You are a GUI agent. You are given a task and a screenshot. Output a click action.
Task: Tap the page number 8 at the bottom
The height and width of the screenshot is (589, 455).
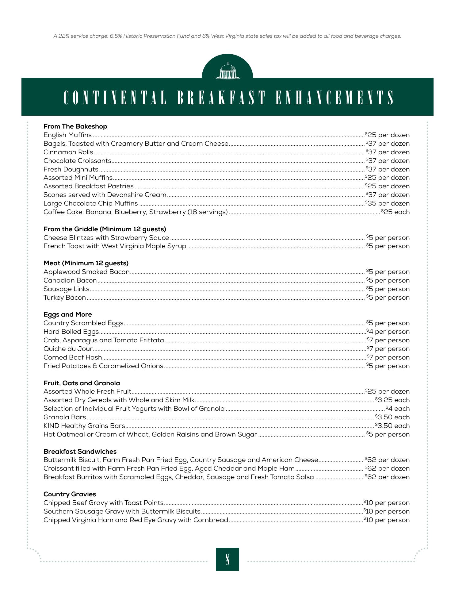point(227,559)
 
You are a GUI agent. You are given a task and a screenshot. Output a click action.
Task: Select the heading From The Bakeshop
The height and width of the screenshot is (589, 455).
point(75,126)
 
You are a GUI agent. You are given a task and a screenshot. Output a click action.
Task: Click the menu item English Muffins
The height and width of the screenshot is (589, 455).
point(67,135)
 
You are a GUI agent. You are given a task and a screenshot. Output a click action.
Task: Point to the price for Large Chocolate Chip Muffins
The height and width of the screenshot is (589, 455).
point(387,203)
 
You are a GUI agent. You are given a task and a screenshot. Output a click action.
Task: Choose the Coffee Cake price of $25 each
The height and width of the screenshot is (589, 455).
point(395,212)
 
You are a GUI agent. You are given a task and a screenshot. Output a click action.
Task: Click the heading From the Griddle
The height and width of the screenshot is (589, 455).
point(105,229)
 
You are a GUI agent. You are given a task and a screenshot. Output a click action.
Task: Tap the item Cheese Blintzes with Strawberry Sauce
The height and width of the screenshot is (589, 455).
point(106,238)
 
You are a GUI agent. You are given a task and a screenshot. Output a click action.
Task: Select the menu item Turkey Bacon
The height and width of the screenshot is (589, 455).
point(65,298)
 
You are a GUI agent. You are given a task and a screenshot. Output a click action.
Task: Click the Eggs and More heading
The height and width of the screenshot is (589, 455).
point(67,314)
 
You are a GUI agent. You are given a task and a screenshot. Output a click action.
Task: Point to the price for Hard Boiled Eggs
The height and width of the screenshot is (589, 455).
point(388,332)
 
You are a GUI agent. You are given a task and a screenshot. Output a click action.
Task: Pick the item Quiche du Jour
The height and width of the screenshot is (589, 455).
point(68,349)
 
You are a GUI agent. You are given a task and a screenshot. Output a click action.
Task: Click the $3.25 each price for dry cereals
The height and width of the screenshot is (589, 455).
point(392,400)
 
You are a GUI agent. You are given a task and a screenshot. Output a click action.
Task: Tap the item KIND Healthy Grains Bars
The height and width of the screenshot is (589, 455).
point(84,426)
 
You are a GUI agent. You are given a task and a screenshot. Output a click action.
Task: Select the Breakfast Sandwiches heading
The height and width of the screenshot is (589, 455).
point(80,452)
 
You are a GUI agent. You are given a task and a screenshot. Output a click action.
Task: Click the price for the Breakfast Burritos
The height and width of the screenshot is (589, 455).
point(387,477)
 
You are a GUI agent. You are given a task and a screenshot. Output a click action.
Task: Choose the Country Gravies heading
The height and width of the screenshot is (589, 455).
point(70,494)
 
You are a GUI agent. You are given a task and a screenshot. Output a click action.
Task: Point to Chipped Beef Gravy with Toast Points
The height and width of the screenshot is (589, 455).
point(103,503)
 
